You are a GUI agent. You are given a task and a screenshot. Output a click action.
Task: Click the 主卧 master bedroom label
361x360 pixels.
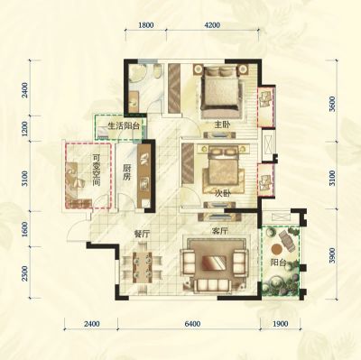tap(222, 125)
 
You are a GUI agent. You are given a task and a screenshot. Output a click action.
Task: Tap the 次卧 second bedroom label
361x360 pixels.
tap(222, 194)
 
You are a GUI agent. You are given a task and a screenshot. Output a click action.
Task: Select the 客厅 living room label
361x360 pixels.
tap(219, 231)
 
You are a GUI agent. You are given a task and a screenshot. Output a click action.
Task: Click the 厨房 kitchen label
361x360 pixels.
tap(126, 172)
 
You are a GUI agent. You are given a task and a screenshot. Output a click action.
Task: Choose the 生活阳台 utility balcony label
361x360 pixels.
tap(124, 126)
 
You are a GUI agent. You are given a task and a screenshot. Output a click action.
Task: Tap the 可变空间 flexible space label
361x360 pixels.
tap(97, 171)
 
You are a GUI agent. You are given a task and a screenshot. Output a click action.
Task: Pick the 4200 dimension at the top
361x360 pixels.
tap(213, 25)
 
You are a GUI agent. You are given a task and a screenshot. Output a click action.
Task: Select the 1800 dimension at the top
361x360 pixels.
tap(146, 25)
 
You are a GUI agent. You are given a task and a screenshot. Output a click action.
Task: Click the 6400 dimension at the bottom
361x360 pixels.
tap(192, 324)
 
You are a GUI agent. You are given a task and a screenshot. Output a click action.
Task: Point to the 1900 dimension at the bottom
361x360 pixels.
tap(281, 324)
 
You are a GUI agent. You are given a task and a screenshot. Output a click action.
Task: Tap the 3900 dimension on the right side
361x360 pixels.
tap(332, 256)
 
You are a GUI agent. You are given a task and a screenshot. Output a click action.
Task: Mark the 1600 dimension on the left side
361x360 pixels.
tap(25, 229)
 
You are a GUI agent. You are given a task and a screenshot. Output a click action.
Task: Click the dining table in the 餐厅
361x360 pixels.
tap(143, 267)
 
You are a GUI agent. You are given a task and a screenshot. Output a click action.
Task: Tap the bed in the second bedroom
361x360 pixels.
tap(223, 171)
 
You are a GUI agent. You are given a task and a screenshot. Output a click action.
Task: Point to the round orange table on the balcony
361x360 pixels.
tap(276, 249)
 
